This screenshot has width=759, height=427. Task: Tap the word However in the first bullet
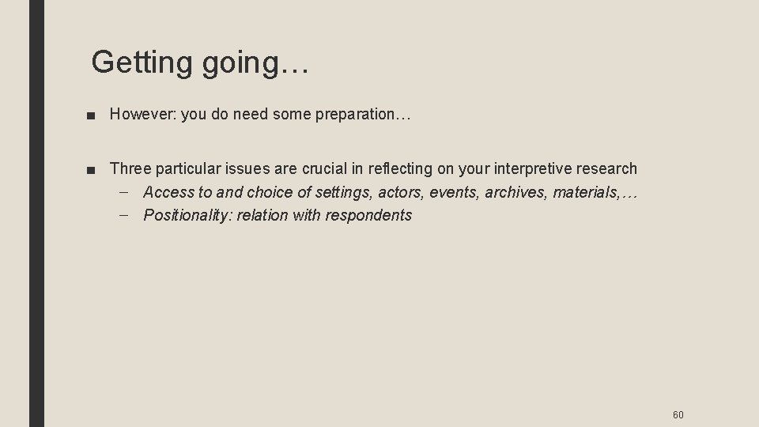coord(142,115)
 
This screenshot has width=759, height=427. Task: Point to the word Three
coord(130,168)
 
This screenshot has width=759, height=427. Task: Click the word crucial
coord(323,168)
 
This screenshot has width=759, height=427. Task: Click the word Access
coord(169,192)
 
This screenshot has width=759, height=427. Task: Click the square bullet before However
coord(94,115)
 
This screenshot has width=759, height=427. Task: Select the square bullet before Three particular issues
coord(94,169)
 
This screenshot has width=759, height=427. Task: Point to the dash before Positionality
coord(129,215)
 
